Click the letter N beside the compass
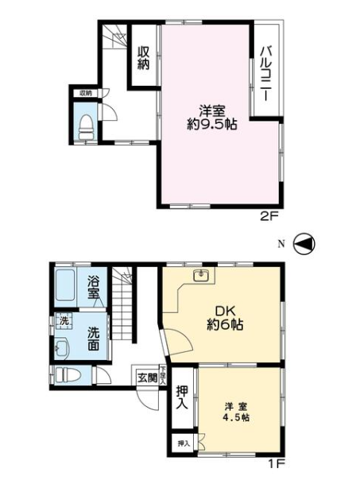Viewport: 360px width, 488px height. pos(281,243)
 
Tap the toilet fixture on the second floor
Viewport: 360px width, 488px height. pos(86,125)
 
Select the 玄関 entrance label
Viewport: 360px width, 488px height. pos(146,378)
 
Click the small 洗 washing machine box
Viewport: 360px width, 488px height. pos(61,321)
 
